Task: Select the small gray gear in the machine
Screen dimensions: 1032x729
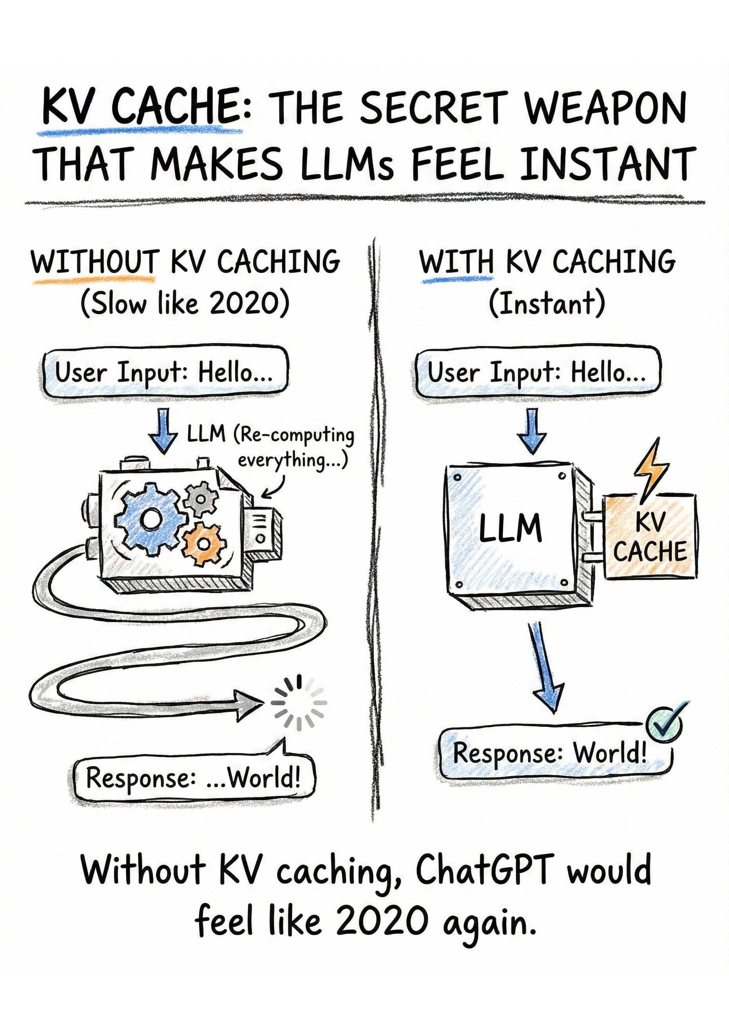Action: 201,499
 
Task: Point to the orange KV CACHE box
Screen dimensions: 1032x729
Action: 650,537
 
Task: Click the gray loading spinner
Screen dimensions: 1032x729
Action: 299,703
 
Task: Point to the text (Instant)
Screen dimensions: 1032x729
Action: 547,304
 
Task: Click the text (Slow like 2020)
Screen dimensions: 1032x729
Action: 185,304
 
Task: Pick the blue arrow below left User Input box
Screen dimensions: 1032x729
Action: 163,430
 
